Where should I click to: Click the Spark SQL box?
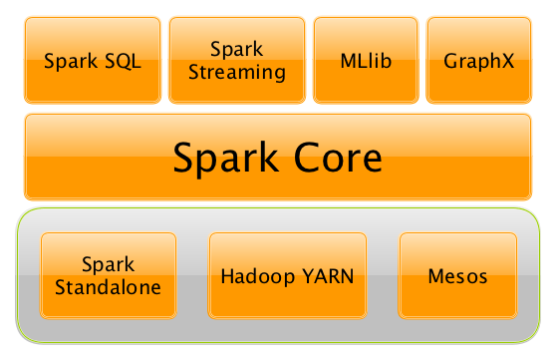(93, 60)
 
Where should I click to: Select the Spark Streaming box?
(235, 60)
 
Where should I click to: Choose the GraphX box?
(478, 60)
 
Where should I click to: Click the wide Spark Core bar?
(278, 157)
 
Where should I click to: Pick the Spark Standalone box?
(108, 276)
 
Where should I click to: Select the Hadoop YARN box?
(288, 276)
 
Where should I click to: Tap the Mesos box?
(458, 276)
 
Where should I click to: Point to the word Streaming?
(235, 72)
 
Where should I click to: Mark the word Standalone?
(108, 287)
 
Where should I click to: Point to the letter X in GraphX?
(507, 60)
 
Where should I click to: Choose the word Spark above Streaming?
(235, 48)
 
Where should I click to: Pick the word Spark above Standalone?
(108, 265)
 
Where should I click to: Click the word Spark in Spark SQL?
(73, 61)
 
